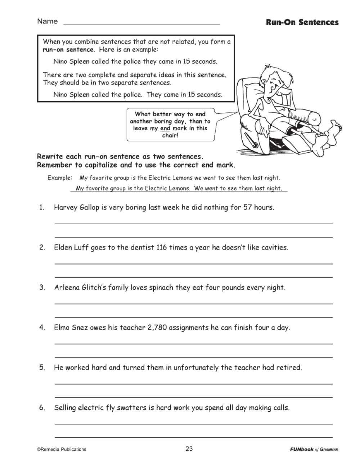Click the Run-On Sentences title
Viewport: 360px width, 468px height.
302,22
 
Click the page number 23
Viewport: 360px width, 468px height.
189,449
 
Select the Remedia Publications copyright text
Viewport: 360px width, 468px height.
62,449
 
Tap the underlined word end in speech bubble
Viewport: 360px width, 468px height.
165,129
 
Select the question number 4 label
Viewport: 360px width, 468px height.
42,328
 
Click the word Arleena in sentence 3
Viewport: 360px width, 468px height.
67,288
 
